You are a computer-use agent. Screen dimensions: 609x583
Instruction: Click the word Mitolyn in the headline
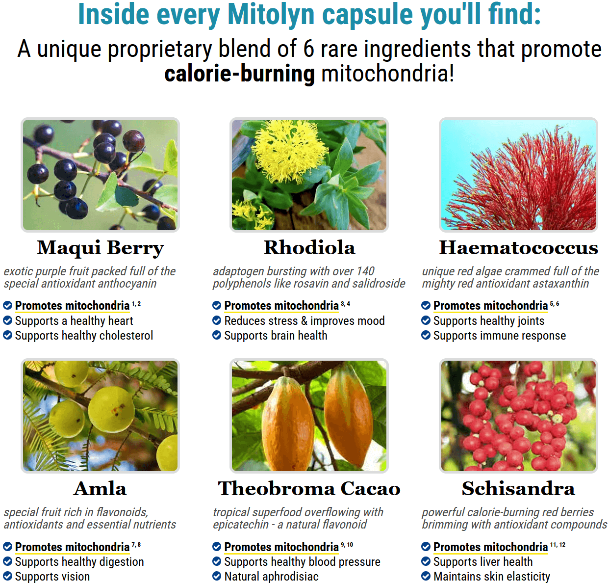[271, 14]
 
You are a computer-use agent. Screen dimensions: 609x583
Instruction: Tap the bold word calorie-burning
[239, 74]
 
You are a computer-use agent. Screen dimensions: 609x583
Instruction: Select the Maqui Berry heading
[100, 248]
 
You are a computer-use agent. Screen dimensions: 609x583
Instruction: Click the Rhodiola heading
[309, 248]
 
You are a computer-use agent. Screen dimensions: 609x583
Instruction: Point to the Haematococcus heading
[518, 248]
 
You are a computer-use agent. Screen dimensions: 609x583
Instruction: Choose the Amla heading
[100, 488]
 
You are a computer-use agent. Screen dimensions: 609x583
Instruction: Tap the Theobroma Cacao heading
[309, 488]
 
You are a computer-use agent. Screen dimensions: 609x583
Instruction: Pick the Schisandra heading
[518, 488]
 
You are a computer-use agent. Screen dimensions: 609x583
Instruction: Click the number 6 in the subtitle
[308, 49]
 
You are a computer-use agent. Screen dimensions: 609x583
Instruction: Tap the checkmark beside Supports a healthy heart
[7, 320]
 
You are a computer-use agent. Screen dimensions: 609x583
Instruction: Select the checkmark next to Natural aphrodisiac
[217, 576]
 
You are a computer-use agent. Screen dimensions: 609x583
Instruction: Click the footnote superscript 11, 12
[558, 545]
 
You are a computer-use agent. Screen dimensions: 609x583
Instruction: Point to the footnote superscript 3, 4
[345, 304]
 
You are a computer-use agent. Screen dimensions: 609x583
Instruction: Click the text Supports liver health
[483, 561]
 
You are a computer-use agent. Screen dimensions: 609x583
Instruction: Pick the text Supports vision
[52, 576]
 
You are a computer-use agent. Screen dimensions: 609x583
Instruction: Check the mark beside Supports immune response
[426, 335]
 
